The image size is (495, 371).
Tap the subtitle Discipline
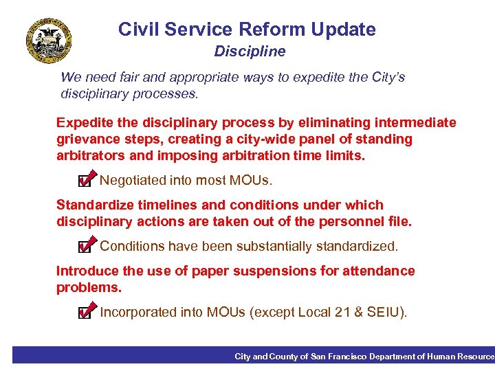click(x=250, y=52)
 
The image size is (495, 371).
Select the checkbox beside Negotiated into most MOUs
click(x=85, y=181)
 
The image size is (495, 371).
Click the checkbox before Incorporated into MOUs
click(x=85, y=313)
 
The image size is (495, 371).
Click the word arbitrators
click(x=87, y=155)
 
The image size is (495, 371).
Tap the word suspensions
click(x=278, y=271)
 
